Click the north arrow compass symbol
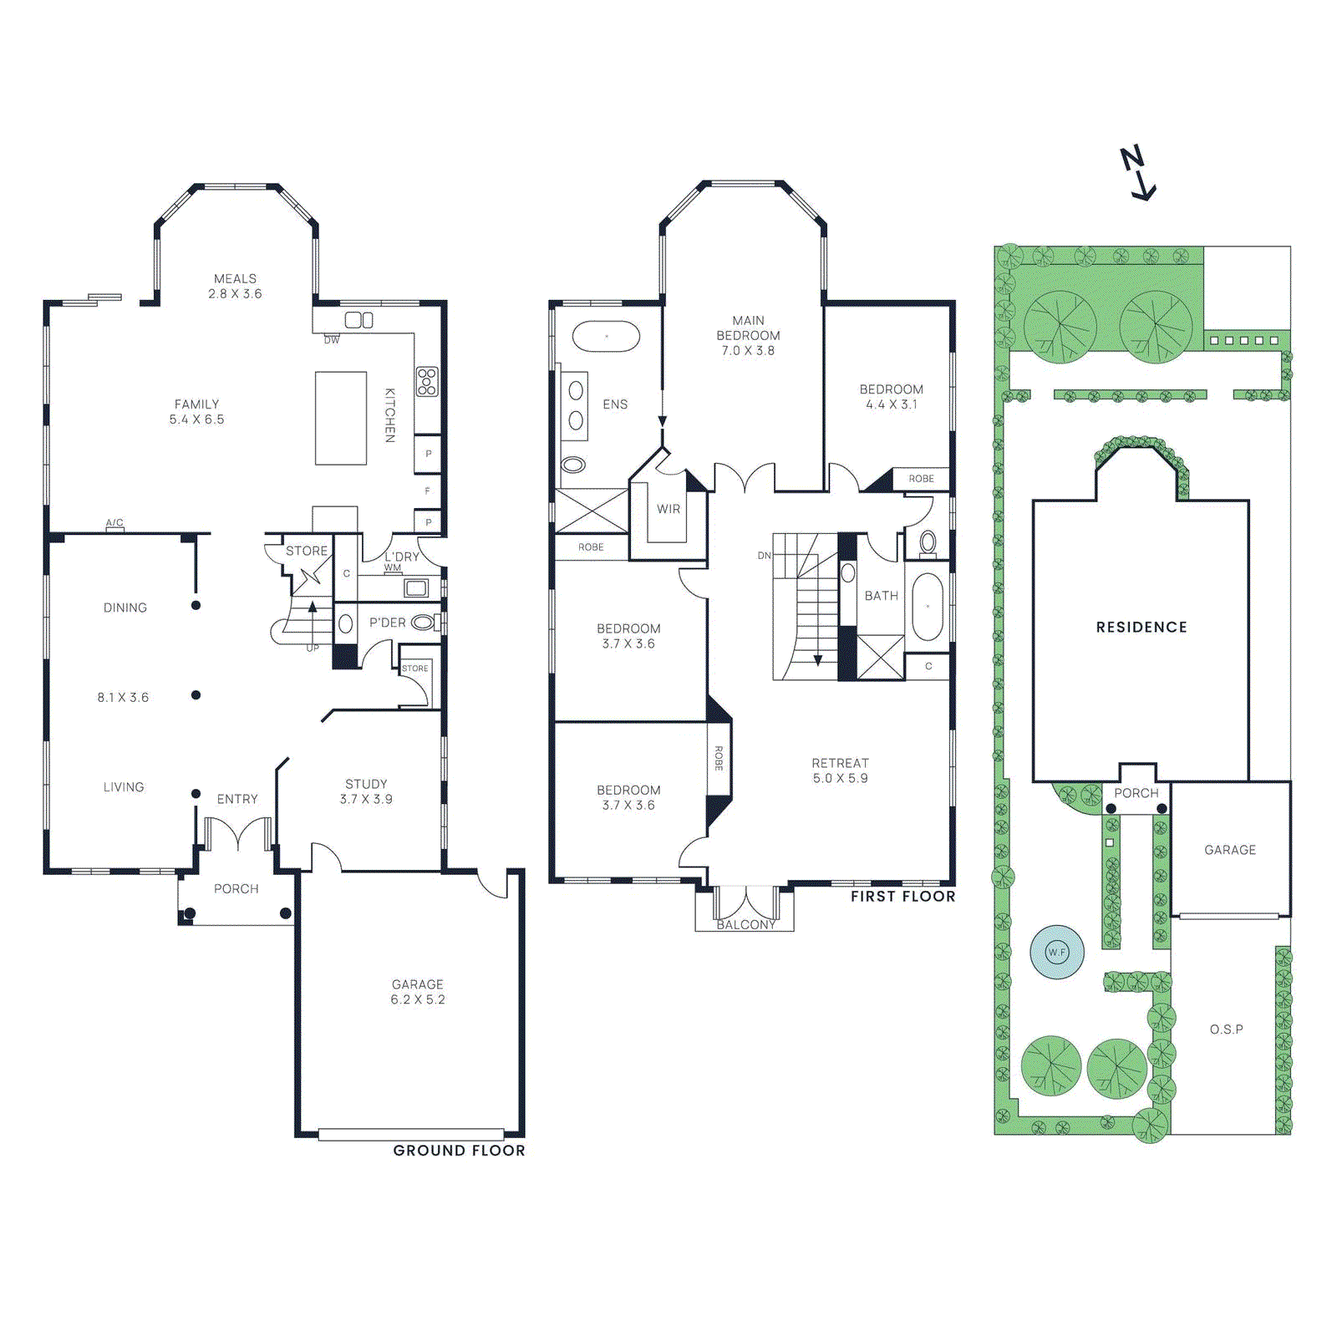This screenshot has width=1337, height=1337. click(x=1138, y=174)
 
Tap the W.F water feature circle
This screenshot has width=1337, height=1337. click(x=1057, y=952)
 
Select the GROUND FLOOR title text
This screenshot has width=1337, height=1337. click(x=459, y=1151)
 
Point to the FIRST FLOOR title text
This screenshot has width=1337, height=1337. click(x=902, y=897)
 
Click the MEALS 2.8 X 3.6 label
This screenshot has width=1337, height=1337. click(x=235, y=286)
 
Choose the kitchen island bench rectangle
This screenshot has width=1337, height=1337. click(x=341, y=418)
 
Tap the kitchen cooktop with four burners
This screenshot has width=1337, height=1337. click(x=427, y=381)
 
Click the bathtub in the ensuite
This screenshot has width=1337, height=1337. click(x=606, y=336)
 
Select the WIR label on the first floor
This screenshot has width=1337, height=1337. click(x=668, y=509)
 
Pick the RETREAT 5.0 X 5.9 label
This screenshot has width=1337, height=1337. click(x=840, y=770)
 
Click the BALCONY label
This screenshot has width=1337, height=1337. click(x=746, y=925)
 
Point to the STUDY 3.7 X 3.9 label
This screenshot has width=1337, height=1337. click(x=366, y=791)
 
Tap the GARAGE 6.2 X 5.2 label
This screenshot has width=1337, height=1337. click(x=418, y=992)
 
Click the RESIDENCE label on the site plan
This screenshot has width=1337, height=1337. click(x=1141, y=628)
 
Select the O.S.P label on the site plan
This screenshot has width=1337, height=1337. click(x=1226, y=1029)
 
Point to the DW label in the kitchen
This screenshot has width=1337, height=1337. click(x=332, y=340)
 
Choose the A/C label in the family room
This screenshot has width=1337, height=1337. click(x=114, y=523)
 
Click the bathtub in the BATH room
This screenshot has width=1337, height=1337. click(x=927, y=607)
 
